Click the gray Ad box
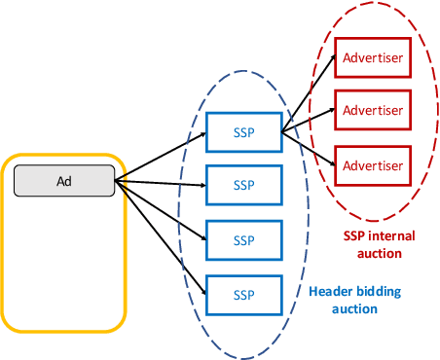tap(64, 181)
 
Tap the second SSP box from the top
tap(243, 184)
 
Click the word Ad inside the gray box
tap(64, 181)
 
